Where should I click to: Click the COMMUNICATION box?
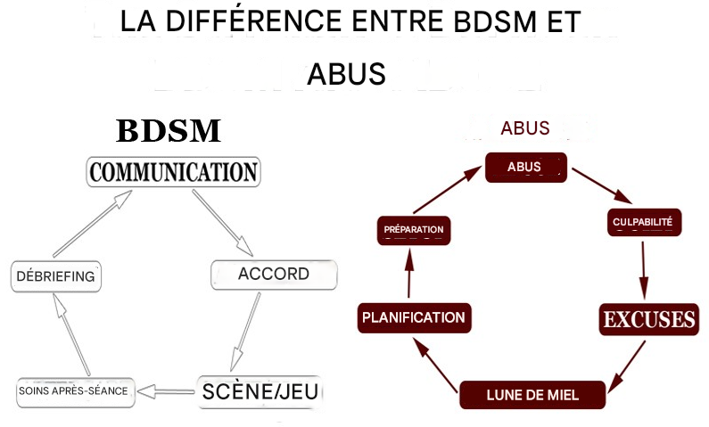tap(173, 172)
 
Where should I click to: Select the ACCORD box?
tap(274, 275)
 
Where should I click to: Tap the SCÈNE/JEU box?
tap(260, 390)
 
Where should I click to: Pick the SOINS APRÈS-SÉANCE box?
tap(77, 391)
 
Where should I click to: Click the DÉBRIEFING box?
tap(55, 276)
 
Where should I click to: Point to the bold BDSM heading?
tap(169, 132)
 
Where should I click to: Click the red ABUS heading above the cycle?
tap(524, 128)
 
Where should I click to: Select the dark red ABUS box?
tap(524, 167)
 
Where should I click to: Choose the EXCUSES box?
tap(647, 319)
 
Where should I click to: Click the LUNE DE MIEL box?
tap(532, 393)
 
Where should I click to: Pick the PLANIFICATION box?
tap(413, 317)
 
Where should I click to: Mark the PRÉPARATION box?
tap(412, 230)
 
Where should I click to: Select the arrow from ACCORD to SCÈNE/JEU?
tap(245, 328)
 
